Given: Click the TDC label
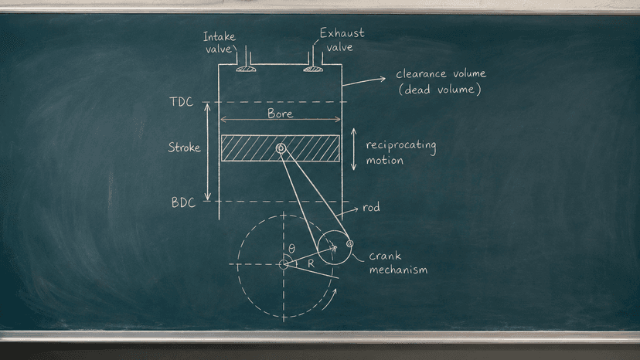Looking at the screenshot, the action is [x=181, y=102].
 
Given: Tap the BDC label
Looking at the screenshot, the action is [x=183, y=202].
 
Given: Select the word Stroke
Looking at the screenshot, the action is [x=185, y=148].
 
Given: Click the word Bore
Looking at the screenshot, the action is [x=280, y=113].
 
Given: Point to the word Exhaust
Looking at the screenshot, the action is [x=342, y=32].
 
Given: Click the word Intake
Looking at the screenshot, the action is [x=220, y=37].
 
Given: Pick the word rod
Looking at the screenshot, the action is [x=372, y=207].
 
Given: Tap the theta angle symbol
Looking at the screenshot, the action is [x=291, y=249].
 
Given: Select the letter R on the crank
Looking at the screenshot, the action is [x=311, y=263].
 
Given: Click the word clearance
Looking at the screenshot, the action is [x=421, y=74].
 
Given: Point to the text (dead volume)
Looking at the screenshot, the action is [x=440, y=90].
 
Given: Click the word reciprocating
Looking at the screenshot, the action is [x=401, y=146].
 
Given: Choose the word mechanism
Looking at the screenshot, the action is [x=398, y=270].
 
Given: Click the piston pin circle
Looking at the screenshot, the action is [x=281, y=148].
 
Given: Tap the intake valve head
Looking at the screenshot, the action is [x=246, y=69].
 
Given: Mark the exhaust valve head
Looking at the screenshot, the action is [x=313, y=69].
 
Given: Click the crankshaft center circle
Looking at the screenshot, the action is [x=284, y=264].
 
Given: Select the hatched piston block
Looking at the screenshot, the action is [x=280, y=148].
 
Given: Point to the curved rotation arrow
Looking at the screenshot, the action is [x=330, y=299].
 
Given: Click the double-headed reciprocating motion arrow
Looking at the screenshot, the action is [x=354, y=149].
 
